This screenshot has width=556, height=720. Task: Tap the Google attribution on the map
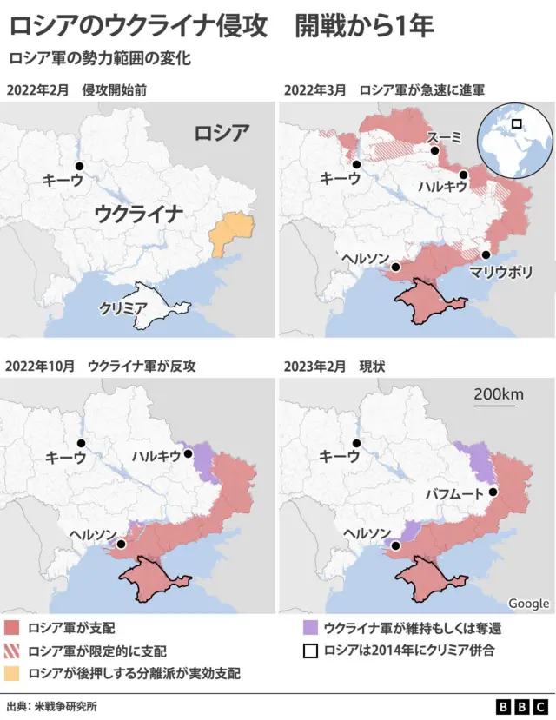(528, 604)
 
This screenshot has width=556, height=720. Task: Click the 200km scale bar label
(499, 394)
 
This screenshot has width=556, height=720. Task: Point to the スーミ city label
(445, 138)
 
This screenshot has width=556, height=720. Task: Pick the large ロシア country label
(221, 133)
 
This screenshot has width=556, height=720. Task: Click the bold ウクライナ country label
(139, 213)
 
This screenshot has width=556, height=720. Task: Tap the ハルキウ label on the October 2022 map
(157, 455)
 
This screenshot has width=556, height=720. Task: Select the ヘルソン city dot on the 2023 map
(396, 546)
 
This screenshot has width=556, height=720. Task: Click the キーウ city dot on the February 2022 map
(79, 166)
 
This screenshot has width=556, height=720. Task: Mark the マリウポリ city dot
(486, 255)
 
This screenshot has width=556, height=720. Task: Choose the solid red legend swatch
(12, 627)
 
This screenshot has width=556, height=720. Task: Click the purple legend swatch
(310, 627)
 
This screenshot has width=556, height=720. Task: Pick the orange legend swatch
(12, 672)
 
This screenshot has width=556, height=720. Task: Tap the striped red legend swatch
(12, 650)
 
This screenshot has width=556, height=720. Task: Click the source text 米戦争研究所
(66, 706)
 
